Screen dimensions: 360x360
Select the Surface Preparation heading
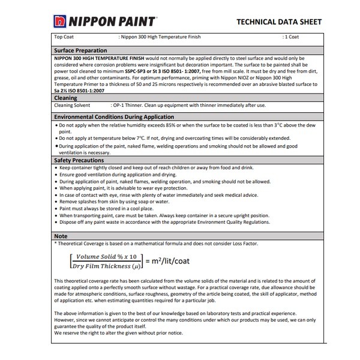[80, 50]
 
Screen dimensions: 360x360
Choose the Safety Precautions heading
[80, 160]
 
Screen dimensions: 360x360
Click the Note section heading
[61, 236]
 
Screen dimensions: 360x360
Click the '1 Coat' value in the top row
[292, 37]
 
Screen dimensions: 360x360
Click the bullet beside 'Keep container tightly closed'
[56, 169]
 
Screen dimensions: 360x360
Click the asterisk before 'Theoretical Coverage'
[55, 244]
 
